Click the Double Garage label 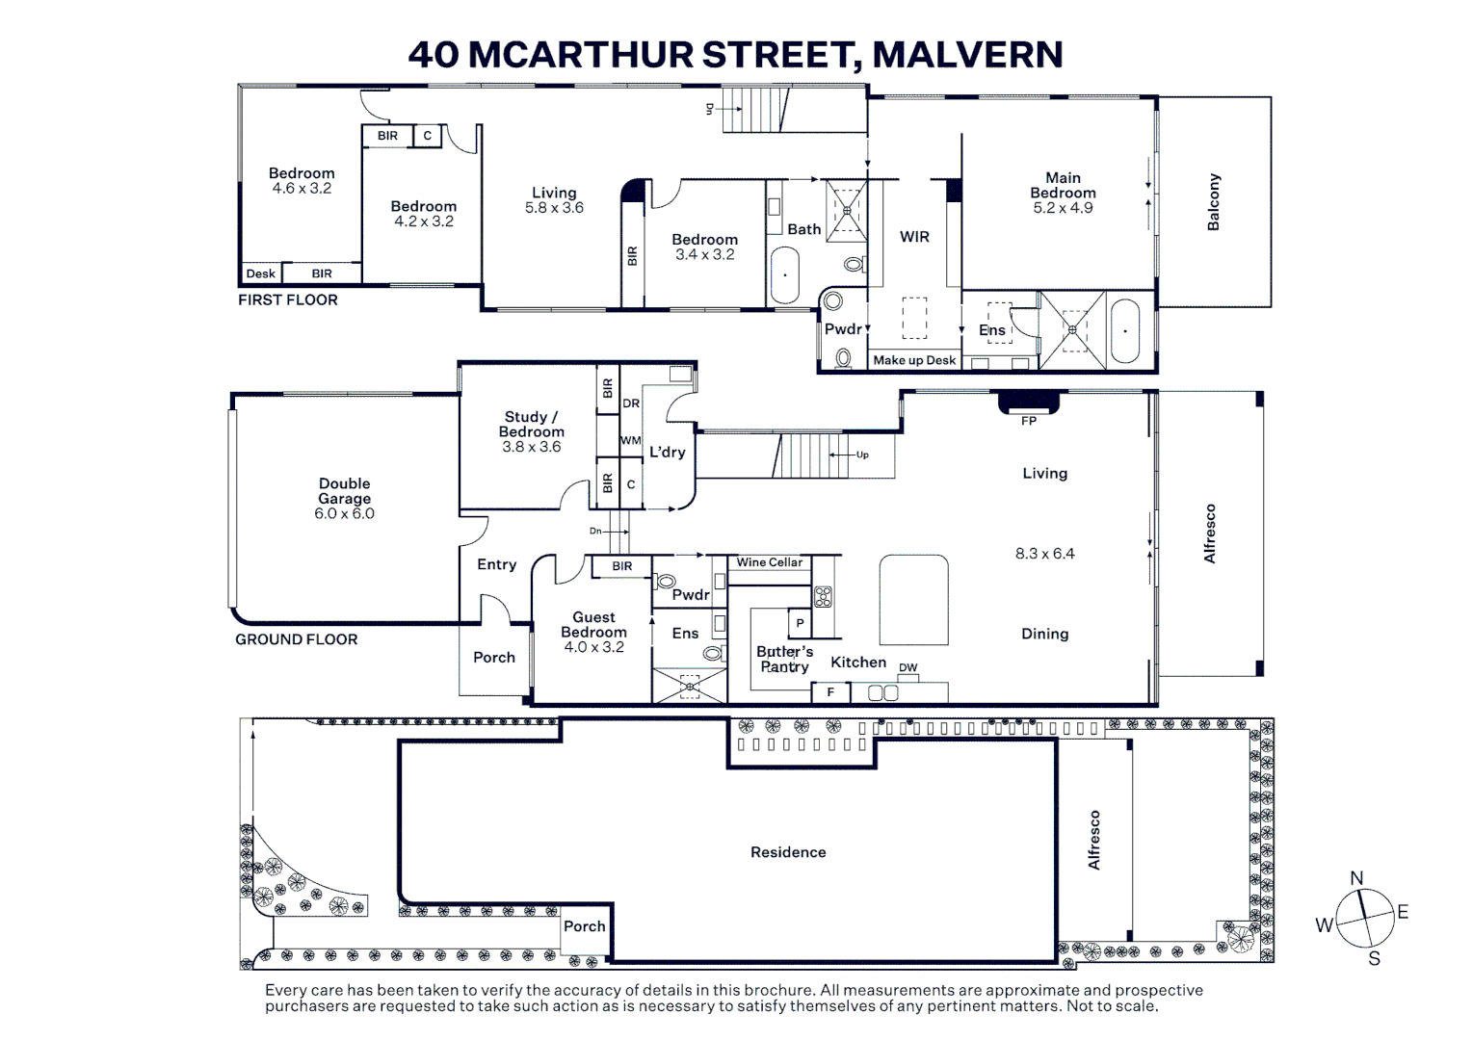coord(344,490)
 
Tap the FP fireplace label coord(1029,421)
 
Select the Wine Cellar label coord(770,562)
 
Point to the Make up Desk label coord(914,360)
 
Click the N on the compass coord(1356,877)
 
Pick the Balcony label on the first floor coord(1213,202)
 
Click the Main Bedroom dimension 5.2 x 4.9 coord(1063,208)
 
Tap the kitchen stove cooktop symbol coord(824,596)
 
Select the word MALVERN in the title coord(967,55)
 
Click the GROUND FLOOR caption coord(297,639)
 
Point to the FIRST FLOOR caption coord(287,299)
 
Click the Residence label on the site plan coord(788,852)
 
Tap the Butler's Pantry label coord(784,659)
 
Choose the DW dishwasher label coord(908,667)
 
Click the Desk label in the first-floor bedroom coord(260,273)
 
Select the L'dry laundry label coord(668,452)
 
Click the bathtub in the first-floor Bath coord(784,274)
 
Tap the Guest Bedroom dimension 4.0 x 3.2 coord(593,647)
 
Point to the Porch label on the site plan coord(584,926)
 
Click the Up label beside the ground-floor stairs coord(862,455)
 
